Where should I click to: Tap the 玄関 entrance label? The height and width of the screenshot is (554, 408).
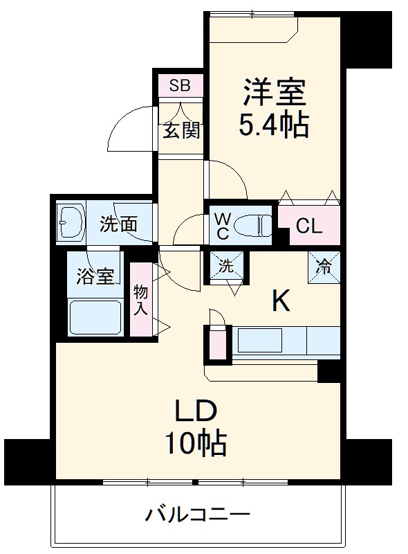click(181, 130)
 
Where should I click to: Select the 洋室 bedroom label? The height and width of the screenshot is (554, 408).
click(273, 92)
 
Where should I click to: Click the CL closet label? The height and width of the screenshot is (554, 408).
click(309, 226)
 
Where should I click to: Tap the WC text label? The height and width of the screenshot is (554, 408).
click(222, 226)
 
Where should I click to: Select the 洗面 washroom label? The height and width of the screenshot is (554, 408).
click(118, 224)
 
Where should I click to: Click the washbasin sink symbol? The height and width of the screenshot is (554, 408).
click(70, 222)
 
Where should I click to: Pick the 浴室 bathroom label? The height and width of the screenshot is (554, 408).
click(95, 276)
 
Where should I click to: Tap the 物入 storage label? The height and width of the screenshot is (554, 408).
click(140, 300)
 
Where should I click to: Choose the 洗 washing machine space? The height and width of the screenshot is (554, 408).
click(227, 265)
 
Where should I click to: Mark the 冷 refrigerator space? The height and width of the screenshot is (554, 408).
click(324, 265)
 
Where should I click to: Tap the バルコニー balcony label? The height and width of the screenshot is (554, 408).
click(197, 516)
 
